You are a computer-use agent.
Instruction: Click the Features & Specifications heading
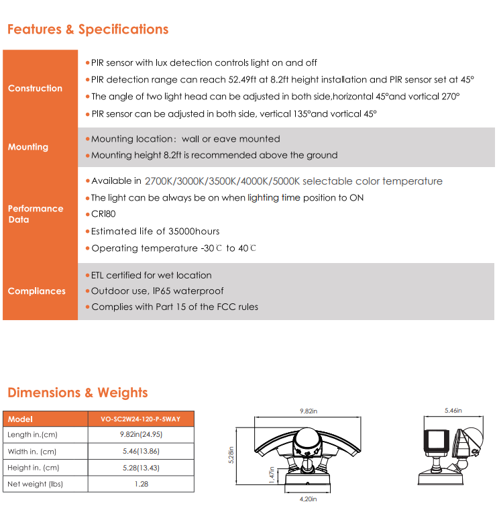(88, 30)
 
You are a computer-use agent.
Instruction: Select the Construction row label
(35, 88)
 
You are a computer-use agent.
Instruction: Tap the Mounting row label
(28, 147)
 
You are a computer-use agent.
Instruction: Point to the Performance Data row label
(36, 214)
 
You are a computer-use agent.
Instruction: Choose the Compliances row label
(37, 291)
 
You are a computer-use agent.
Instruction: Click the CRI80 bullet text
(103, 214)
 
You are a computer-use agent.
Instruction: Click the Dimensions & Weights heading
(77, 393)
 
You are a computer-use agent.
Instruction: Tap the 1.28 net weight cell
(140, 484)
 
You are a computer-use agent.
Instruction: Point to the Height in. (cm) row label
(32, 468)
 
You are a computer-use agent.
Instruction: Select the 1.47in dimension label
(271, 475)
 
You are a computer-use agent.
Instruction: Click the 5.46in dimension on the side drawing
(453, 409)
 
